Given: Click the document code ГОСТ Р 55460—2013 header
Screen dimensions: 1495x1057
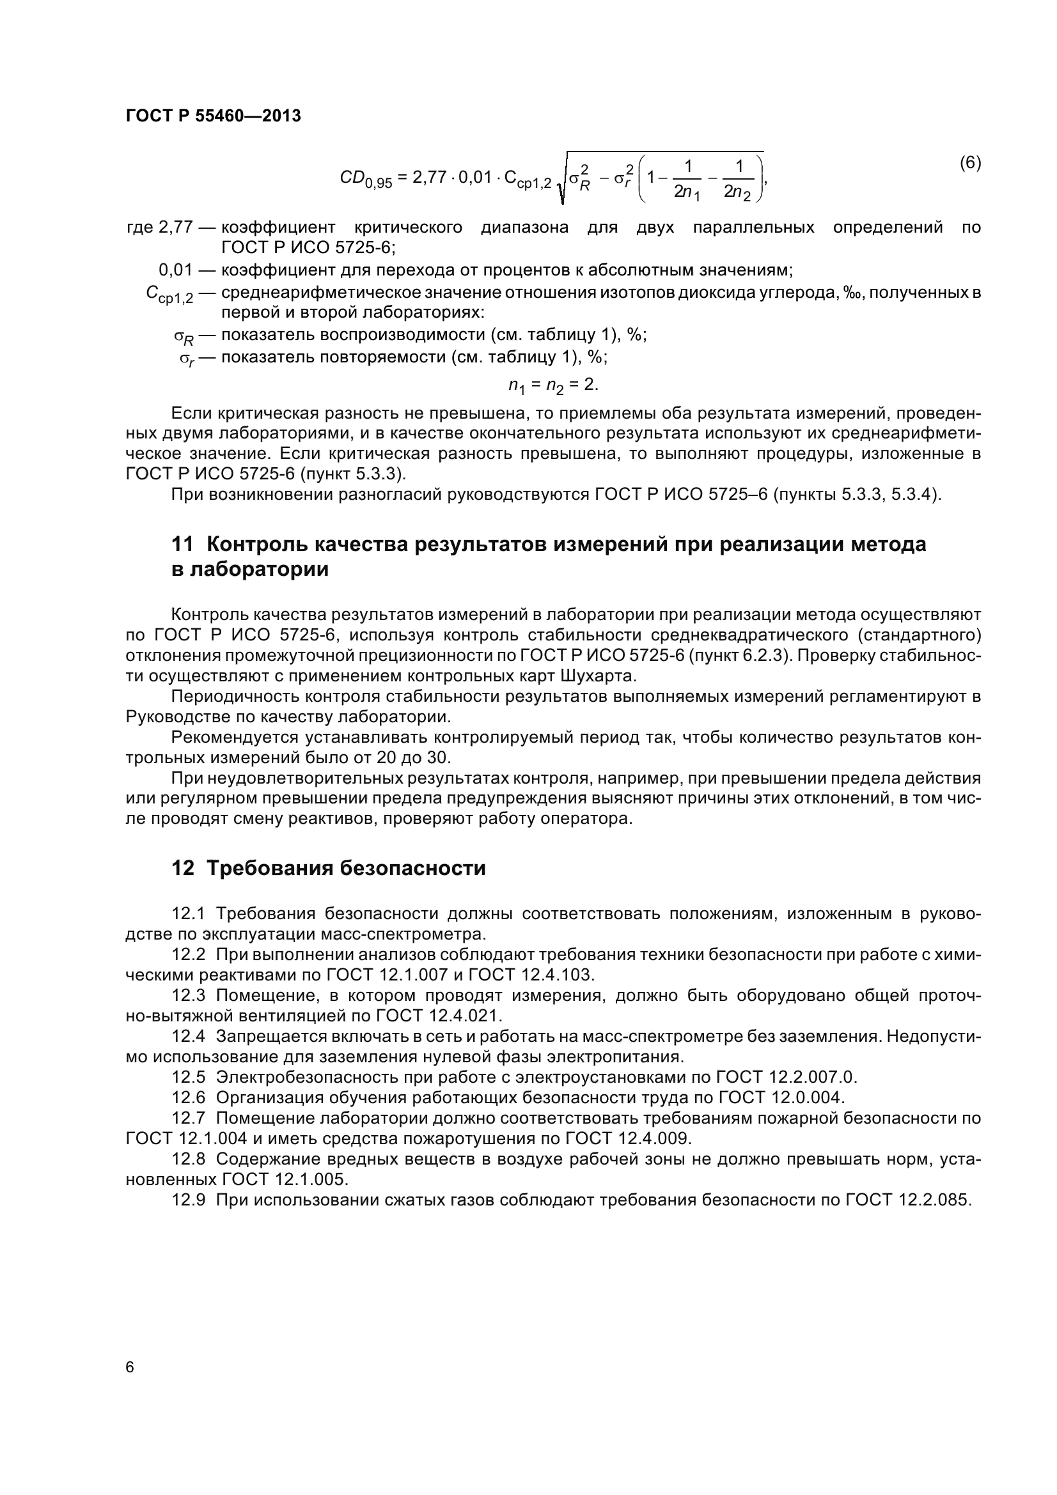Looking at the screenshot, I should pos(213,116).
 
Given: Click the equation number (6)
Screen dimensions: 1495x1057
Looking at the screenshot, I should pos(970,163).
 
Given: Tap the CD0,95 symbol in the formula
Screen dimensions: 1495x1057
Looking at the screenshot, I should pos(365,178).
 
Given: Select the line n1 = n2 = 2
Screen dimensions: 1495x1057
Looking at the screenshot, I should pos(553,385).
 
